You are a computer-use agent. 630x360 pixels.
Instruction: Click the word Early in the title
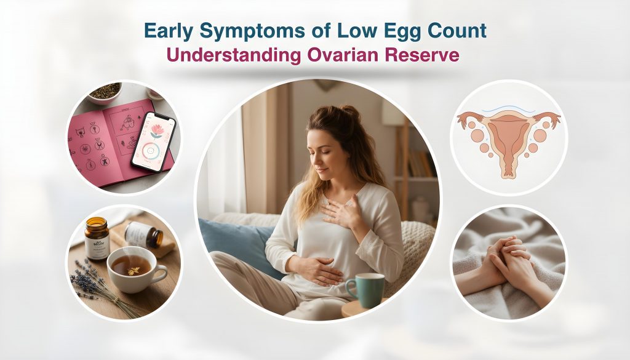(x=170, y=32)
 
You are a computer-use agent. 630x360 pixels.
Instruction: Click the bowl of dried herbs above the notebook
(x=105, y=93)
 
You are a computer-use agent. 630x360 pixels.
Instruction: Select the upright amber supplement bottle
(x=97, y=239)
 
